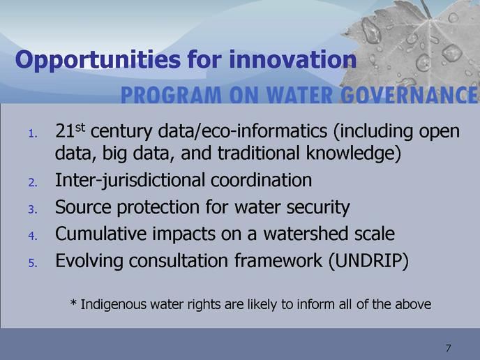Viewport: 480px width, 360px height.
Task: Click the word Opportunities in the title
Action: pyautogui.click(x=98, y=60)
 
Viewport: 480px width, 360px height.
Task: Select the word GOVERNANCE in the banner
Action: pyautogui.click(x=409, y=95)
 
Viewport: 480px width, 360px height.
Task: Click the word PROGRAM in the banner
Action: pyautogui.click(x=171, y=95)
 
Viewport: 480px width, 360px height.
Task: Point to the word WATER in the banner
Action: pyautogui.click(x=299, y=95)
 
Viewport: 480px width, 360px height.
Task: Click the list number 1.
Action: pyautogui.click(x=33, y=134)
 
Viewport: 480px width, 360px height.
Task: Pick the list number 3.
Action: pyautogui.click(x=33, y=210)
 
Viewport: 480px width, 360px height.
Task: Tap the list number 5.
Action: pyautogui.click(x=33, y=263)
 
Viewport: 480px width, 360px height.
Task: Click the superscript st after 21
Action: pyautogui.click(x=80, y=128)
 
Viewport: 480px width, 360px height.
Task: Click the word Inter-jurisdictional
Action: pyautogui.click(x=130, y=181)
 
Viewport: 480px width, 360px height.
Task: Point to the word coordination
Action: pyautogui.click(x=261, y=180)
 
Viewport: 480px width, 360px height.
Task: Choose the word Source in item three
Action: pyautogui.click(x=83, y=207)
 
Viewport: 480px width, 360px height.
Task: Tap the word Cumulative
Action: pyautogui.click(x=101, y=234)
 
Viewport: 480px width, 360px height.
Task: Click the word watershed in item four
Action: pyautogui.click(x=306, y=234)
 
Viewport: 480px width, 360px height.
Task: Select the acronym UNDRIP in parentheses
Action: pyautogui.click(x=368, y=261)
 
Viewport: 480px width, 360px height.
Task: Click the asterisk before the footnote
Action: pyautogui.click(x=73, y=303)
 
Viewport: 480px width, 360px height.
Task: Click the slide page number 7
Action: pyautogui.click(x=449, y=348)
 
